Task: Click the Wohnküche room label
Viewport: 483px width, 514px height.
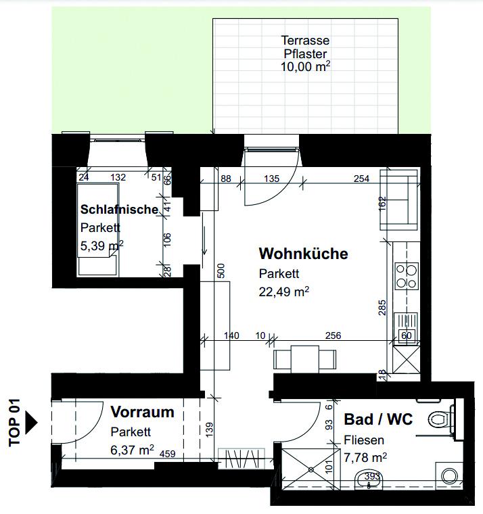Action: (303, 254)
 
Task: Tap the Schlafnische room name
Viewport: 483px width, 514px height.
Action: (119, 210)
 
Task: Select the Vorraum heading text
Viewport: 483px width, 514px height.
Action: (142, 412)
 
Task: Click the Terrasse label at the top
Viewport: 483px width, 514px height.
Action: (305, 41)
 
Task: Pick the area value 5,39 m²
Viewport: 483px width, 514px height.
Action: (102, 246)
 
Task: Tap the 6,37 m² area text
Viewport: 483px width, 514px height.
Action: (133, 448)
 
